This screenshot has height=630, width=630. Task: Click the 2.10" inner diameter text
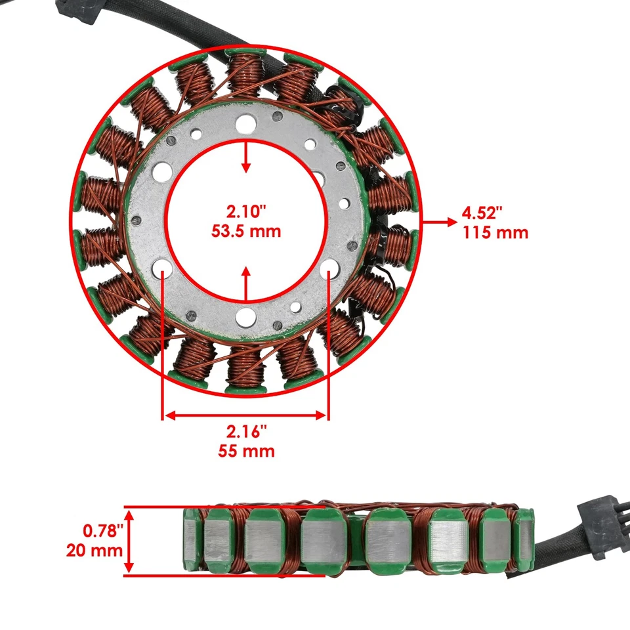pos(246,211)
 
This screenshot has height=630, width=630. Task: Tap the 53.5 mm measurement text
pos(246,231)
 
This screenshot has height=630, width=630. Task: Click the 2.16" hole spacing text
pos(246,432)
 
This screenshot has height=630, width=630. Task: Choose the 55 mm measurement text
pos(246,451)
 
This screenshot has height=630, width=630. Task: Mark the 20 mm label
pos(94,550)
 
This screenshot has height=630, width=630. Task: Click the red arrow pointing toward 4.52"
pos(439,222)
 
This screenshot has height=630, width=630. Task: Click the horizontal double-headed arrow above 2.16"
pos(245,415)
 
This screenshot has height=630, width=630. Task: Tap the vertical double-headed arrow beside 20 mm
pos(131,541)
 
